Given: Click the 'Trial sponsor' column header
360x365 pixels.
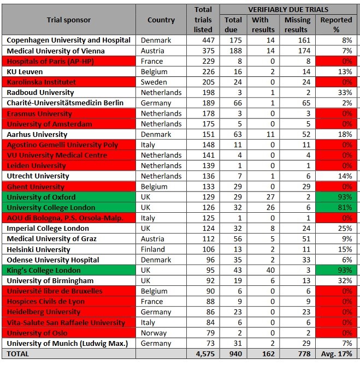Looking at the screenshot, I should (x=68, y=20).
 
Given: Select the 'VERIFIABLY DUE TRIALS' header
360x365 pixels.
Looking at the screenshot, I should (x=288, y=9).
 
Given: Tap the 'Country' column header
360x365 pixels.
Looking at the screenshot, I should (x=161, y=20).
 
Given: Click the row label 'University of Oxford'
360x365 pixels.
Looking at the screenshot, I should (x=41, y=197).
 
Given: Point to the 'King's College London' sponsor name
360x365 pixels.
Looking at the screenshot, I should (x=43, y=270).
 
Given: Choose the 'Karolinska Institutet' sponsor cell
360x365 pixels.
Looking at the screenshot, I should (x=41, y=82).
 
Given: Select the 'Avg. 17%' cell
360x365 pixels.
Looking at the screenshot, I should (x=337, y=354).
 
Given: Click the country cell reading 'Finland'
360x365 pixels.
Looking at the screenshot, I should (x=153, y=249).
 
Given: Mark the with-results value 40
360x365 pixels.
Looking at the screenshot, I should (x=263, y=270).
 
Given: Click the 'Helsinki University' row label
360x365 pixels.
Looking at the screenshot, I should (x=38, y=249).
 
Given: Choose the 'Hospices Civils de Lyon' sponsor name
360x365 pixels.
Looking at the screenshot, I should (x=46, y=301).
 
